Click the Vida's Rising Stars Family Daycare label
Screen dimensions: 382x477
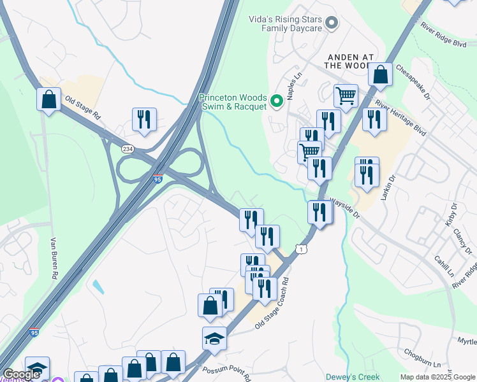coord(285,24)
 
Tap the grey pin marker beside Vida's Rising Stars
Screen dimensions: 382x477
coord(331,24)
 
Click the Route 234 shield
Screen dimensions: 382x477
coord(128,148)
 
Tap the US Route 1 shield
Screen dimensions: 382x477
coord(302,248)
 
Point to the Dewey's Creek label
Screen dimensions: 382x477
coord(348,377)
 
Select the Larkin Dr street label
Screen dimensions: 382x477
coord(387,188)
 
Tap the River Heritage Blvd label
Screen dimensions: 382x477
coord(400,115)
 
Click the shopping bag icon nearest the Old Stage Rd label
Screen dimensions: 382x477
coord(48,99)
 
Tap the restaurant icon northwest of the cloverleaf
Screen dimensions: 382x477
coord(144,119)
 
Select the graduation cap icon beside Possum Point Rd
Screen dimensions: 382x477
coord(215,339)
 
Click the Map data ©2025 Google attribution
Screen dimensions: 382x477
coord(437,377)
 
